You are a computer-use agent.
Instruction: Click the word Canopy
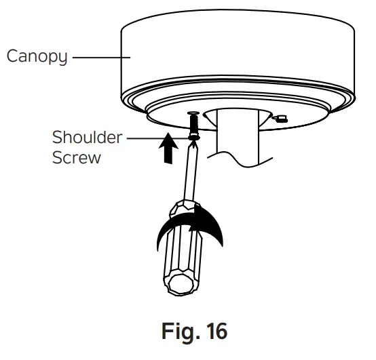click(x=37, y=56)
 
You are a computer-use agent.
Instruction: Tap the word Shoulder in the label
click(x=88, y=138)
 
